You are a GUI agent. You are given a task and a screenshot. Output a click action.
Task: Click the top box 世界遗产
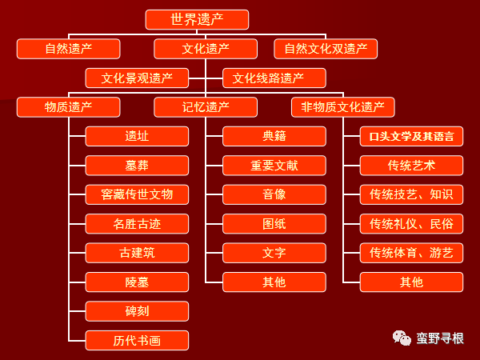tap(197, 19)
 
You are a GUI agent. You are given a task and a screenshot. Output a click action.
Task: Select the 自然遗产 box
tap(69, 49)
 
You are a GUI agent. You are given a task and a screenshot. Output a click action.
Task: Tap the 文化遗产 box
tap(206, 49)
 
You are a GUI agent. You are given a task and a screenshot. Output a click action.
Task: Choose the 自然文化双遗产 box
tap(326, 49)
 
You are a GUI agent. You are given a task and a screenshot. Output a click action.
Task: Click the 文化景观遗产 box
tap(137, 78)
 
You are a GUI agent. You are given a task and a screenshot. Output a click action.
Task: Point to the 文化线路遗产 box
tap(274, 78)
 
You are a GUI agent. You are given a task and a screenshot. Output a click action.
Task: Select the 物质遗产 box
tap(69, 107)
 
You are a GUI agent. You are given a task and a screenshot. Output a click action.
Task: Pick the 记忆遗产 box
tap(206, 107)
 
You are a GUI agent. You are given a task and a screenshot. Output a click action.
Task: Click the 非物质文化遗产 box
tap(343, 107)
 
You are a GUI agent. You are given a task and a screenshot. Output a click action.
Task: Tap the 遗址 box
tap(137, 136)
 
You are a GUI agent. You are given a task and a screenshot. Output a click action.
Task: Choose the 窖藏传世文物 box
tap(137, 194)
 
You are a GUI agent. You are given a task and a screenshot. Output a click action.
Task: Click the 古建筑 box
tap(137, 253)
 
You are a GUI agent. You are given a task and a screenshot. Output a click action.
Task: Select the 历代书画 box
tap(137, 340)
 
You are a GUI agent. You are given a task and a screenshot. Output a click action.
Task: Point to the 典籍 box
tap(274, 136)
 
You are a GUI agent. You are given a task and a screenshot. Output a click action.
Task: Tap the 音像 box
tap(274, 194)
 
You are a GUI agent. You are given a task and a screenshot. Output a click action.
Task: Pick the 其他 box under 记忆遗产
tap(274, 282)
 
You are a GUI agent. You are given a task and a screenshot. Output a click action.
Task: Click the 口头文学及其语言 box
tap(411, 136)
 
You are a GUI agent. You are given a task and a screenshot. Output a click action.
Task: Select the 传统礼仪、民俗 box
tap(411, 223)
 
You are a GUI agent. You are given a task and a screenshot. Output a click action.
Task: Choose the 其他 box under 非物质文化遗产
tap(411, 282)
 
